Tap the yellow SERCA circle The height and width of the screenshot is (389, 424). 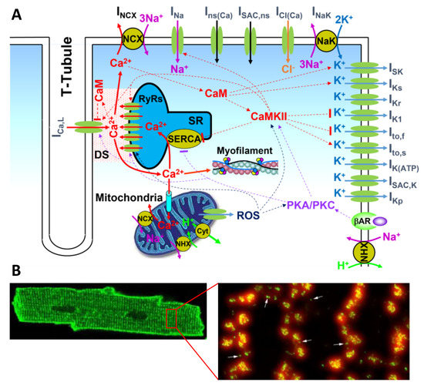[x=180, y=136]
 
